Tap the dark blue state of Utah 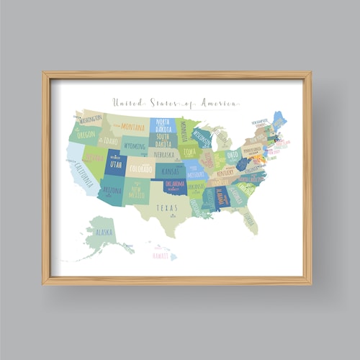[x=115, y=166]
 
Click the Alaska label [x=104, y=232]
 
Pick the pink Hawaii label [x=161, y=254]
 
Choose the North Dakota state [x=163, y=125]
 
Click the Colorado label [x=141, y=170]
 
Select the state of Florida [x=249, y=219]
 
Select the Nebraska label [x=164, y=154]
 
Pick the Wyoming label [x=134, y=145]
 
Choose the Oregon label [x=86, y=135]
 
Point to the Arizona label [x=112, y=191]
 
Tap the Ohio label [x=233, y=155]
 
